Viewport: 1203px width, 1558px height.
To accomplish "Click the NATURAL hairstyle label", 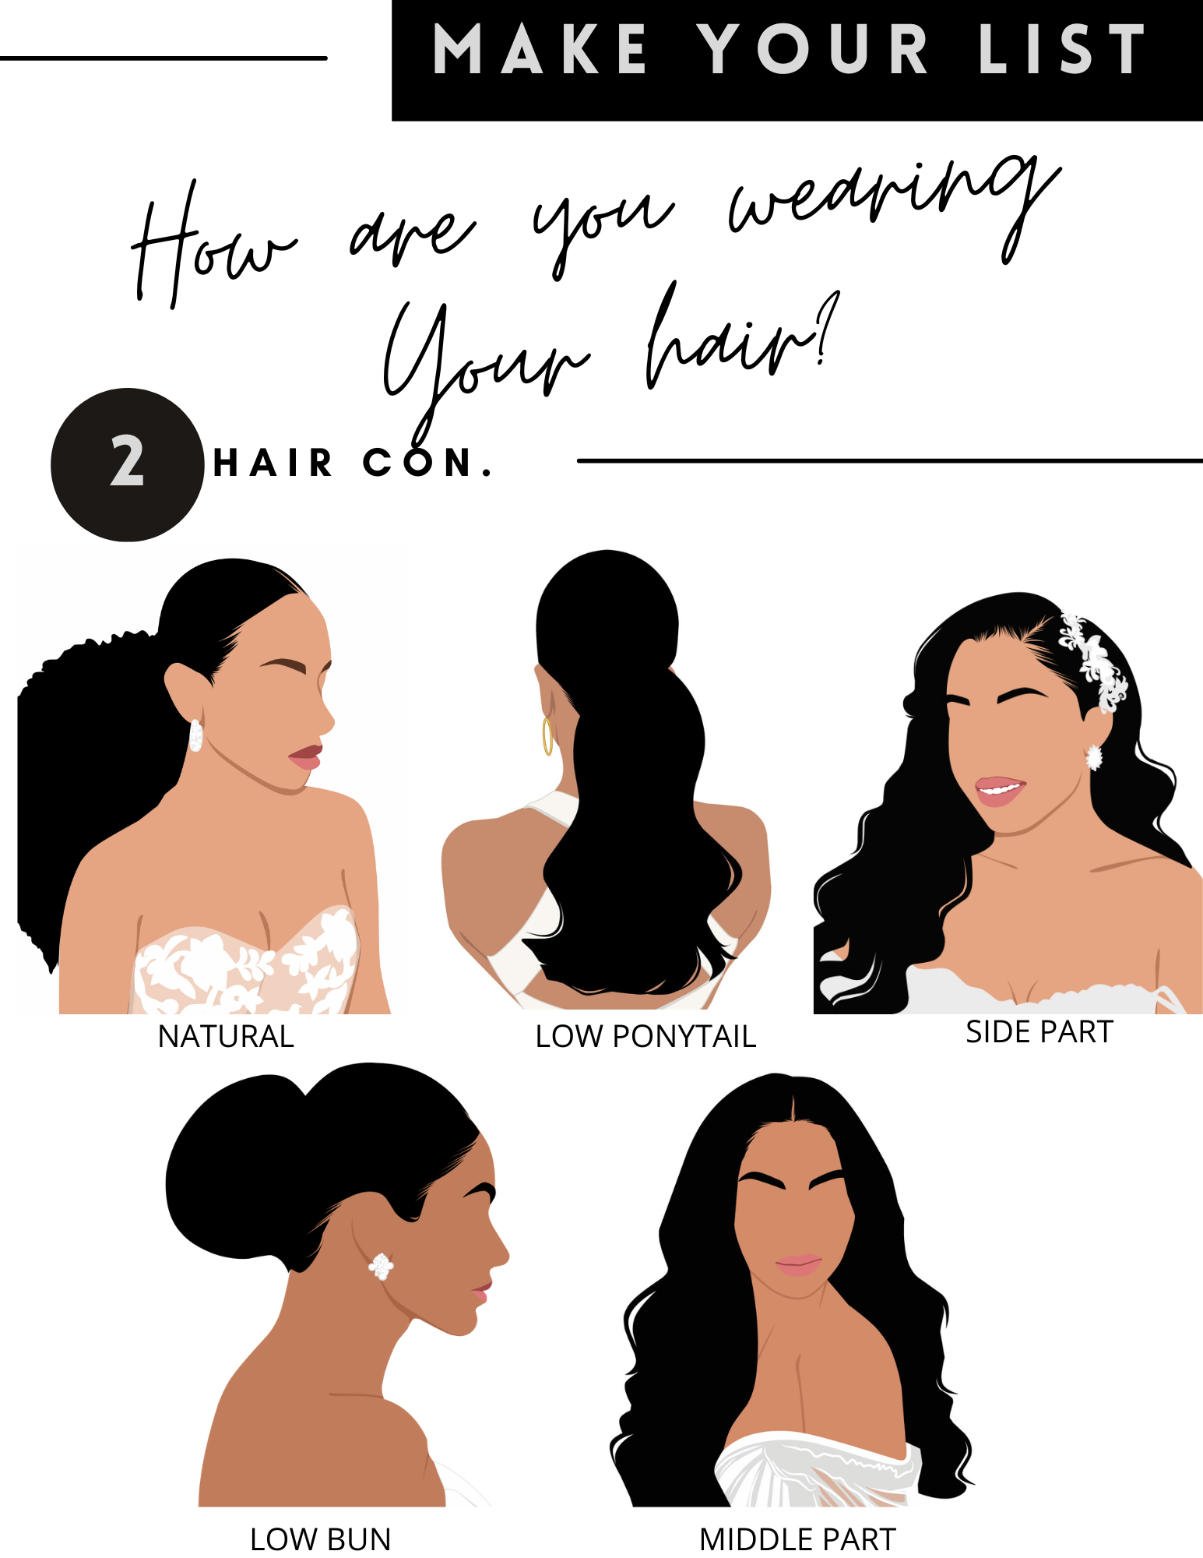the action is [x=226, y=1036].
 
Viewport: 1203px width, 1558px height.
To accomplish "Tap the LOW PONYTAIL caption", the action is [x=645, y=1036].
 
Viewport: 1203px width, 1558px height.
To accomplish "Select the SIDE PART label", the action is [x=1039, y=1031].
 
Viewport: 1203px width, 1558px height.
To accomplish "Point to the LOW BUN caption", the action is [x=320, y=1539].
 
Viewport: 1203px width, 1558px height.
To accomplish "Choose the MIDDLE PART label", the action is [x=797, y=1539].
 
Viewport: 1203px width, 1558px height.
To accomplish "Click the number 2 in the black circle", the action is [x=127, y=461].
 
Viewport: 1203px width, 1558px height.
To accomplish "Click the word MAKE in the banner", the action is [x=539, y=50].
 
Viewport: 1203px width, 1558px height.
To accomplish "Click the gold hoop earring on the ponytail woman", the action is [x=547, y=736].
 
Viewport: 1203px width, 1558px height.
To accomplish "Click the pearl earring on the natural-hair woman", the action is [x=195, y=735].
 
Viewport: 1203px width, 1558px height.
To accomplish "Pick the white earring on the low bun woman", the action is [x=381, y=1266].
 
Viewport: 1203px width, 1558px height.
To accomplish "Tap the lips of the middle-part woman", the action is [x=798, y=1265].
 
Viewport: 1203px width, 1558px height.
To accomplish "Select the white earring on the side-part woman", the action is [x=1094, y=756].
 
